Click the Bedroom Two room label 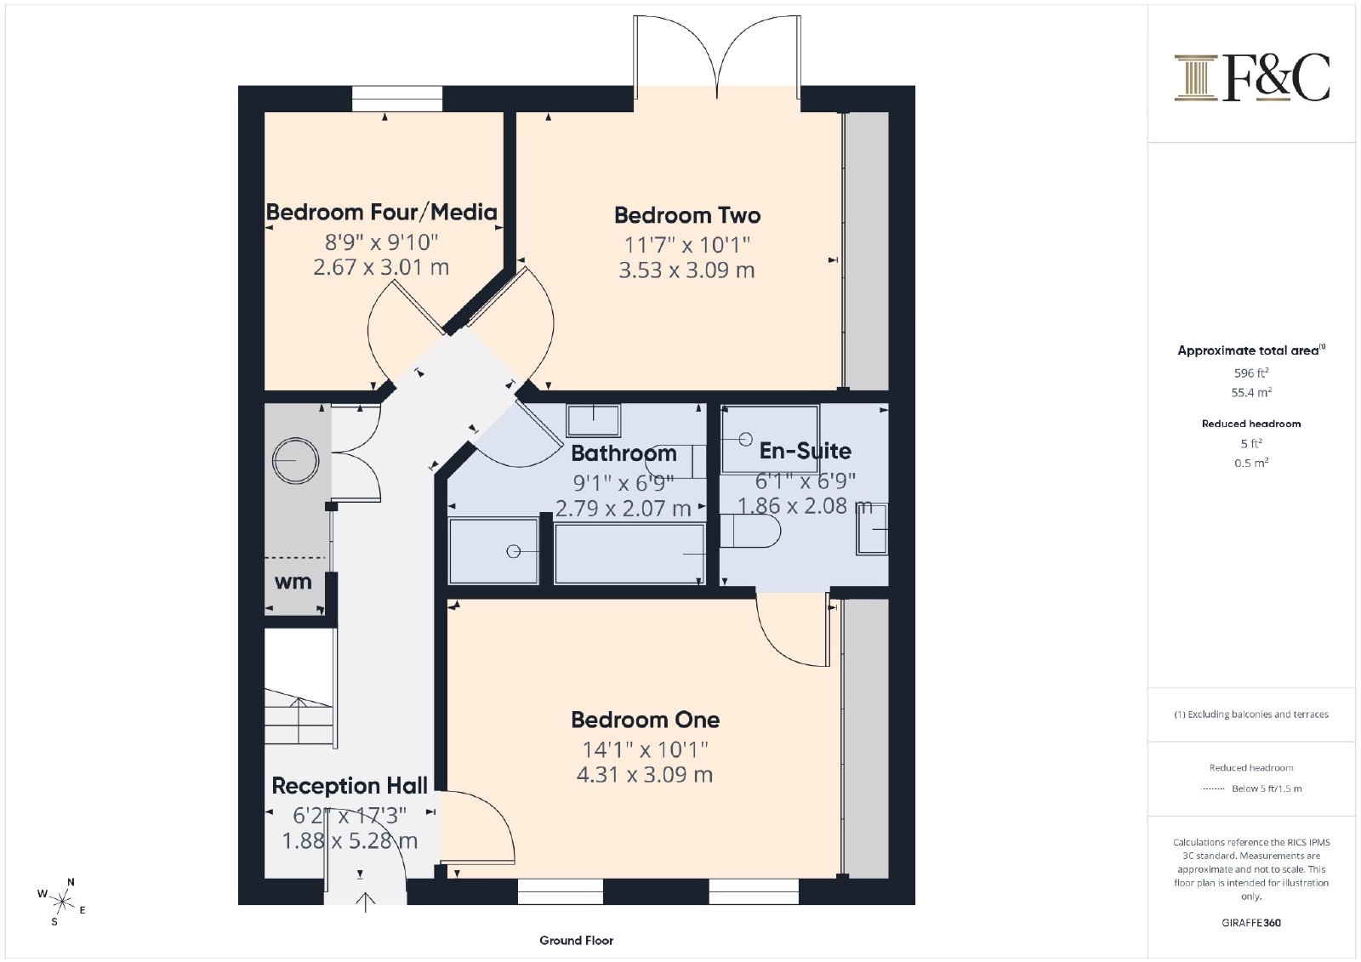click(x=687, y=215)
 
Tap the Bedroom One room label click(x=646, y=720)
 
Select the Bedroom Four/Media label click(x=382, y=212)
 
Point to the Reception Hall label click(x=350, y=785)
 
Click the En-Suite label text click(x=805, y=451)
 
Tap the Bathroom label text click(x=624, y=453)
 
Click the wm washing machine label click(x=293, y=582)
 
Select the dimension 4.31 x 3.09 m click(x=645, y=775)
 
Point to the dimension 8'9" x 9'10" click(x=382, y=242)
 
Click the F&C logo click(x=1251, y=77)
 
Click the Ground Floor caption click(x=576, y=941)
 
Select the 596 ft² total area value click(x=1251, y=373)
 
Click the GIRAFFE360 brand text click(x=1251, y=923)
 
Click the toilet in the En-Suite click(x=749, y=531)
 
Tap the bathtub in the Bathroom click(x=629, y=554)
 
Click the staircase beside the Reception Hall click(x=299, y=687)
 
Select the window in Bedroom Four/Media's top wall click(x=397, y=99)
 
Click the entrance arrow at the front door click(x=365, y=902)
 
